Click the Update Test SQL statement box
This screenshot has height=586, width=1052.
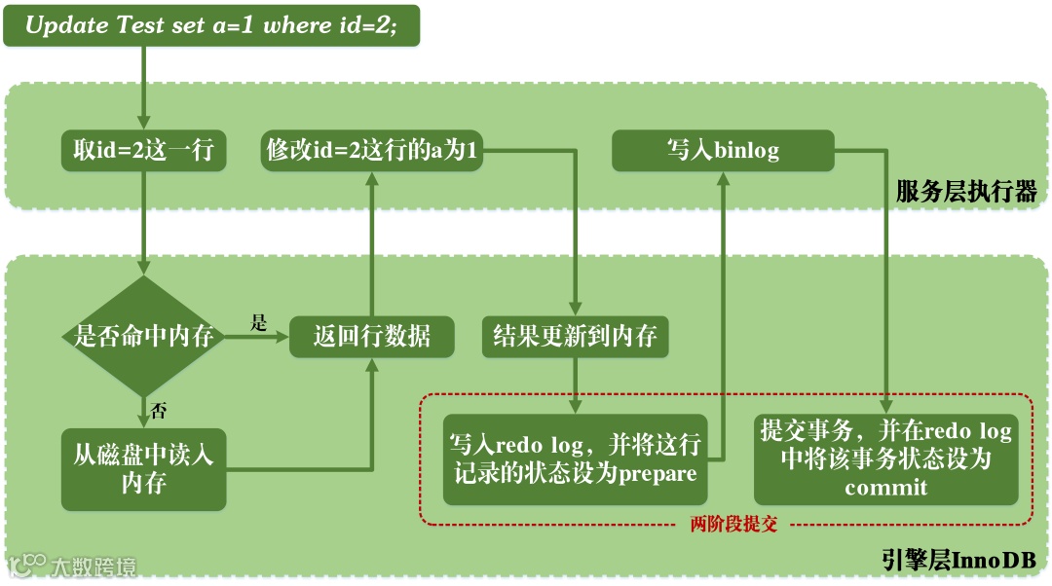(x=211, y=26)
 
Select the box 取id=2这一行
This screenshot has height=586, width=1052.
(x=143, y=151)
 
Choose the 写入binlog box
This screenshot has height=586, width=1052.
(x=723, y=151)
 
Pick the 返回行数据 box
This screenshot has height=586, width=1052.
(x=373, y=338)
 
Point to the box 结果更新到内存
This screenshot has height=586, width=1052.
(x=575, y=338)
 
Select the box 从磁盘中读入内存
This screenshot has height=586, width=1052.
(x=143, y=469)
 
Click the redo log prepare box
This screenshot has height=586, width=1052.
(x=575, y=460)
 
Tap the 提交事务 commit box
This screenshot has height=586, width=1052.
(x=885, y=458)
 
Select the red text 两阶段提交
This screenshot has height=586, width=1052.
(x=733, y=525)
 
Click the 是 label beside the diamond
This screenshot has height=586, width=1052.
(x=258, y=323)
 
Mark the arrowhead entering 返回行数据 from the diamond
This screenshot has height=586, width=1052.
(x=283, y=338)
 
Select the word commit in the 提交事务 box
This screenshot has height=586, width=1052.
(x=885, y=487)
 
